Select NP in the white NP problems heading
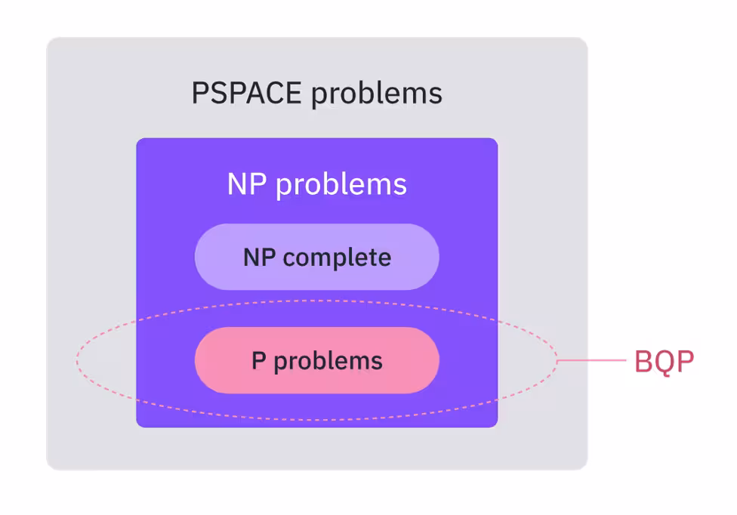(246, 184)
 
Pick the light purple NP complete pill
(316, 257)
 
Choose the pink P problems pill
(316, 360)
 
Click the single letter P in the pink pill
(258, 360)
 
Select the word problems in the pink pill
(328, 361)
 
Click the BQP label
(663, 362)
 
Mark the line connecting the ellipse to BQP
(593, 361)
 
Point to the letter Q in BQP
(663, 362)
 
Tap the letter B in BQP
(643, 362)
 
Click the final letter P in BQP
(683, 362)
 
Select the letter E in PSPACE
(294, 94)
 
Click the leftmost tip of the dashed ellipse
(76, 361)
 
